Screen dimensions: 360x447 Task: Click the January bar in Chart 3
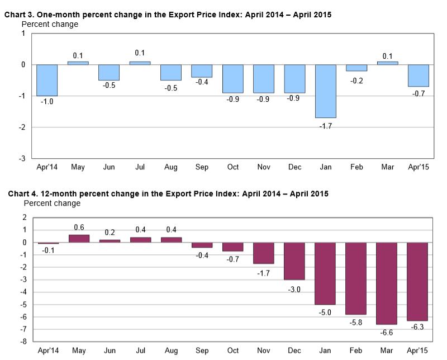(x=325, y=91)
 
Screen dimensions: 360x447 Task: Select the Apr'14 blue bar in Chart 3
(x=47, y=80)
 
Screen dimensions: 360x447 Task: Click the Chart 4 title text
(x=168, y=194)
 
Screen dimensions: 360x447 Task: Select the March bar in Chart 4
(x=387, y=283)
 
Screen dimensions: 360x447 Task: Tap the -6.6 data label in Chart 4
(x=387, y=331)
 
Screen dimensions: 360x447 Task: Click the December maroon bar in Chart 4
(x=294, y=261)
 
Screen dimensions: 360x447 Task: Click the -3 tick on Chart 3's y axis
(x=23, y=159)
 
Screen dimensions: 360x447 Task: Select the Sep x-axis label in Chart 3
(x=202, y=167)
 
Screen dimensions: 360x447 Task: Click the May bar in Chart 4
(x=78, y=239)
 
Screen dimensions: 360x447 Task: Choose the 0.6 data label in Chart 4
(x=78, y=228)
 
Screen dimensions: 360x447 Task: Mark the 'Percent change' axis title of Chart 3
(x=50, y=24)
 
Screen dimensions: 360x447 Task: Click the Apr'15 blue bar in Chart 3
(x=418, y=75)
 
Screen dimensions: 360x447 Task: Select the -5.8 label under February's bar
(x=356, y=321)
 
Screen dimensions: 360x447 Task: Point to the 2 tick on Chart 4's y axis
(x=25, y=217)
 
